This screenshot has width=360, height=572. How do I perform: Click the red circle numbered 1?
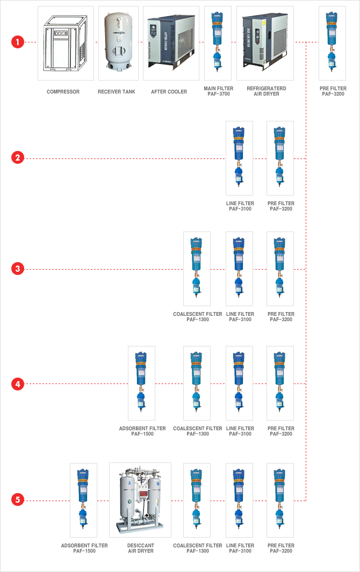click(18, 42)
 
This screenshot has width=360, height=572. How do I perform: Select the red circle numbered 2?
click(18, 157)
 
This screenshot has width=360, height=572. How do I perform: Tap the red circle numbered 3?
click(18, 269)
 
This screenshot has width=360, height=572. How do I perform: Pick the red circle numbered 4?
click(18, 384)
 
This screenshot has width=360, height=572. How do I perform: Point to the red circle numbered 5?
click(18, 499)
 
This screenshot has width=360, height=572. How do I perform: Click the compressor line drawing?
click(66, 43)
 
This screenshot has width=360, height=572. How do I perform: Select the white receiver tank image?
click(118, 41)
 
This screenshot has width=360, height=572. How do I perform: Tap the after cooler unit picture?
click(171, 41)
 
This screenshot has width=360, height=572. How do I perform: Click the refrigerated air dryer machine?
click(265, 41)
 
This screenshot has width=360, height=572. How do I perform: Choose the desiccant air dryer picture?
click(140, 500)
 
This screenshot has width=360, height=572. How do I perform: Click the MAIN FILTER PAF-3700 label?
click(218, 91)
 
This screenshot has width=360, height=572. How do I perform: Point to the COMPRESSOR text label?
click(63, 91)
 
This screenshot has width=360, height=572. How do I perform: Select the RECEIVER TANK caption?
click(117, 91)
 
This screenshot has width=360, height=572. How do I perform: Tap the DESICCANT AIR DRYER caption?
click(141, 548)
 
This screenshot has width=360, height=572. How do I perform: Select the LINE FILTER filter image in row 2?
click(239, 157)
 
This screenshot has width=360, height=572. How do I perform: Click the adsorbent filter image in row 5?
click(83, 499)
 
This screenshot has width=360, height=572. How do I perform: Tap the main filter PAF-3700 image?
click(218, 42)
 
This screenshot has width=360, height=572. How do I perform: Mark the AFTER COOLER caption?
click(169, 91)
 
